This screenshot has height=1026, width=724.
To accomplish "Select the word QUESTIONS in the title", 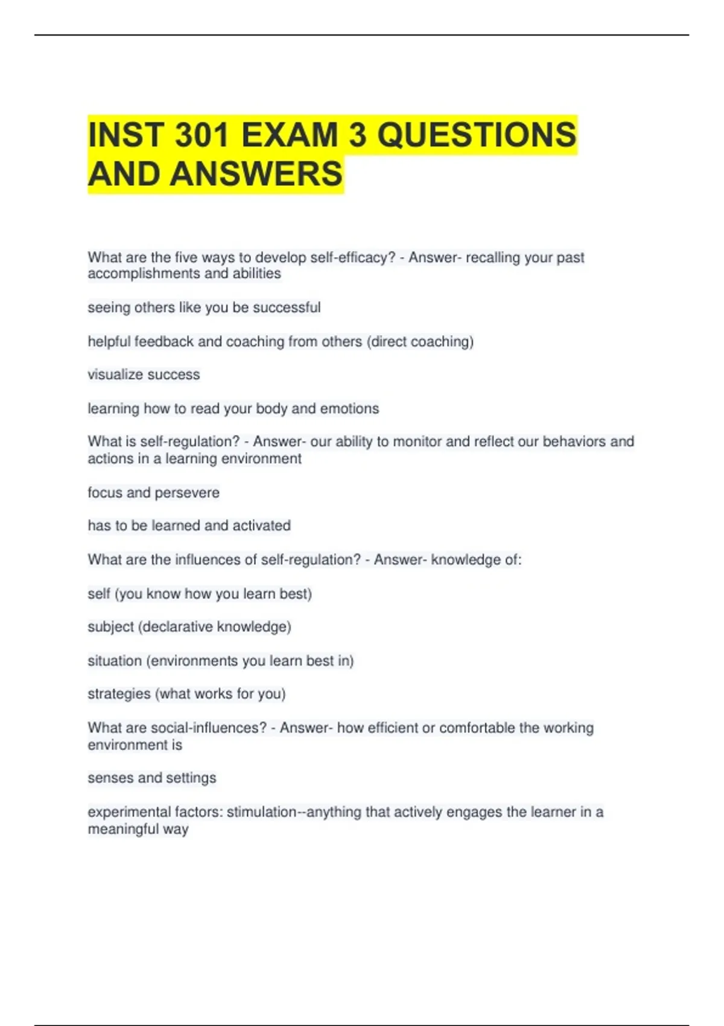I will click(477, 134).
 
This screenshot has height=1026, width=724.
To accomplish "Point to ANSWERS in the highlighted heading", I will click(256, 174).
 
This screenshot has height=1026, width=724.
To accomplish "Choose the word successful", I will click(287, 308).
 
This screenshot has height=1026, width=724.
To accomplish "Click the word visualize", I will click(113, 375).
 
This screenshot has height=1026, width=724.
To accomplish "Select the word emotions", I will click(349, 409).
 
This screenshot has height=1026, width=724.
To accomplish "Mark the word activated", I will click(261, 526).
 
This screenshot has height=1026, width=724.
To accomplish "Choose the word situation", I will click(115, 661).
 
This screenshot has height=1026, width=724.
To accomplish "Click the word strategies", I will click(119, 694).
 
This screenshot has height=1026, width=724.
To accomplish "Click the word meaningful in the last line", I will click(122, 829).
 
